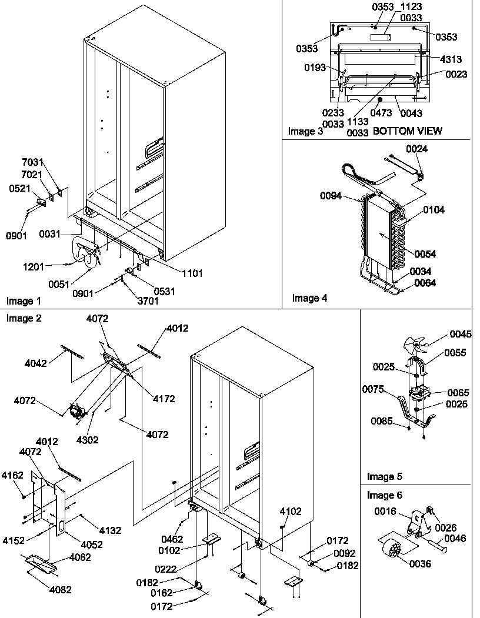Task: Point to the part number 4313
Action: click(450, 59)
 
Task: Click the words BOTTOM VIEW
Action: click(408, 131)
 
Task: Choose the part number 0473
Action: click(382, 113)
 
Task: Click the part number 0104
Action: click(434, 210)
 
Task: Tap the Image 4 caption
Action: click(309, 298)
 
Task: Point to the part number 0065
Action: click(458, 392)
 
